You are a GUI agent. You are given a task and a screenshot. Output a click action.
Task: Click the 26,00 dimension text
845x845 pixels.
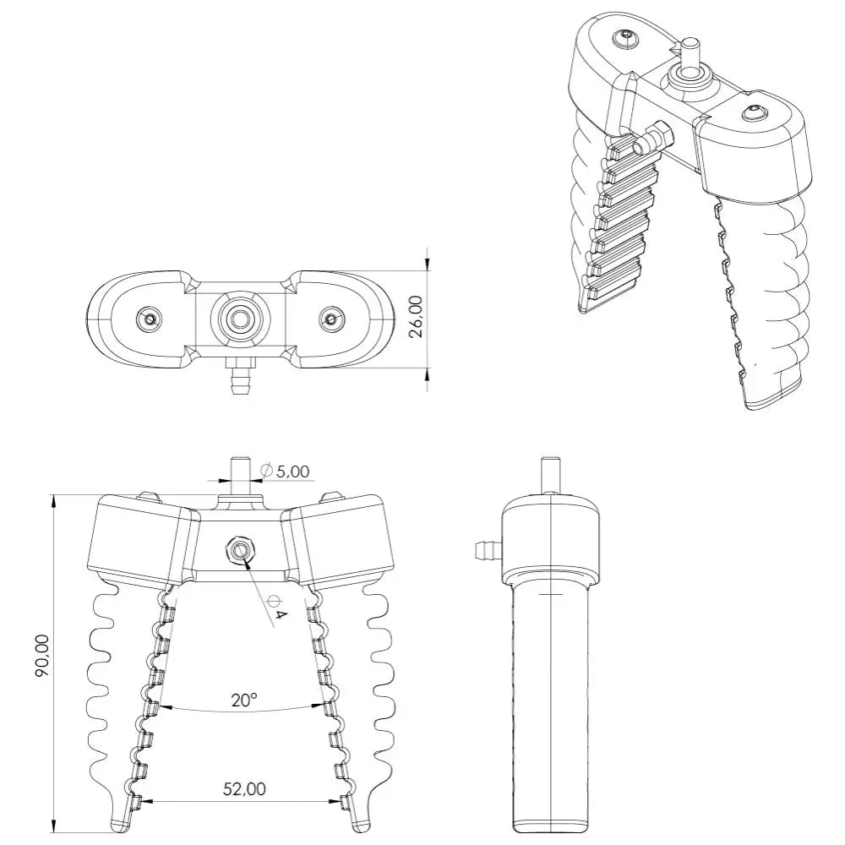417,316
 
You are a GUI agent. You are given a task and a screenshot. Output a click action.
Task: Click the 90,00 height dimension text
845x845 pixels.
42,656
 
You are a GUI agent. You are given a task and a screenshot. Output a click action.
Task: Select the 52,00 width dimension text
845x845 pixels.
244,789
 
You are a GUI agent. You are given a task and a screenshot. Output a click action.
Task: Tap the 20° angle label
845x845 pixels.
243,700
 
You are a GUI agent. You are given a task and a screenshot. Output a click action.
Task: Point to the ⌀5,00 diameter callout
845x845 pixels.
285,472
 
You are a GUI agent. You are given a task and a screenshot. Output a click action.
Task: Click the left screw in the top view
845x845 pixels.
150,319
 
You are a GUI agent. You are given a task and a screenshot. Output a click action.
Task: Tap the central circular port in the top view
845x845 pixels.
239,319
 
